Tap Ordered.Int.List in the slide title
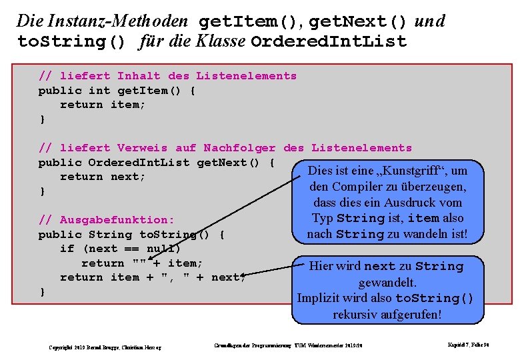[329, 41]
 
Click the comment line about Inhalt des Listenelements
[167, 76]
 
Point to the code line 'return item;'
[103, 105]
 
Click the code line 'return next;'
[103, 177]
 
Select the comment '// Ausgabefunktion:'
[107, 220]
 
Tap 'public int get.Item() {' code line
[117, 91]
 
